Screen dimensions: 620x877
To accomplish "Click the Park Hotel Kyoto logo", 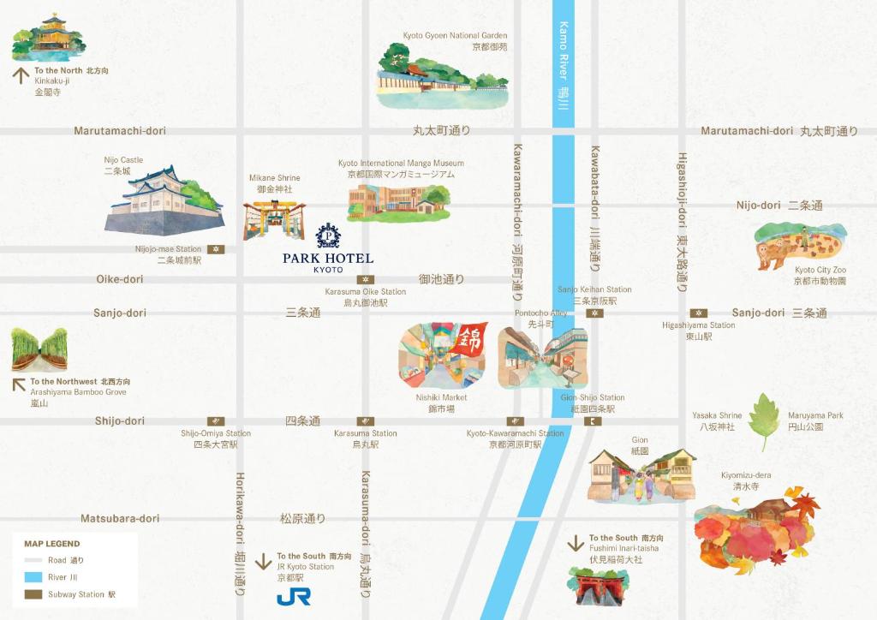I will [328, 248].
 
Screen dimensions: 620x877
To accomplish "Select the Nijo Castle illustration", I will [164, 200].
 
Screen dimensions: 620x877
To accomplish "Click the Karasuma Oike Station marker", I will [366, 279].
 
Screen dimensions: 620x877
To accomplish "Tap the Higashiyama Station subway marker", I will [699, 313].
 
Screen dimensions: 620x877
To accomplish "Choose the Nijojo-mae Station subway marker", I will [217, 249].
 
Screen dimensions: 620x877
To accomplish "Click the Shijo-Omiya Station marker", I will [216, 421].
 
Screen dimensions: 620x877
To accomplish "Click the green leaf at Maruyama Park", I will [763, 420].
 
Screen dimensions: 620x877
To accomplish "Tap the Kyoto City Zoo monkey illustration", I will [799, 245].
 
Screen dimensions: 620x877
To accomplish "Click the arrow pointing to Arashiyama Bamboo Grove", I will [18, 383].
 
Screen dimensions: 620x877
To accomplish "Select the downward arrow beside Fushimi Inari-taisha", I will [576, 544].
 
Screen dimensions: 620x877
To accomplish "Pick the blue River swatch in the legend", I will [33, 577].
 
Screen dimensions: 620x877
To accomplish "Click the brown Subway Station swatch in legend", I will [33, 593].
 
